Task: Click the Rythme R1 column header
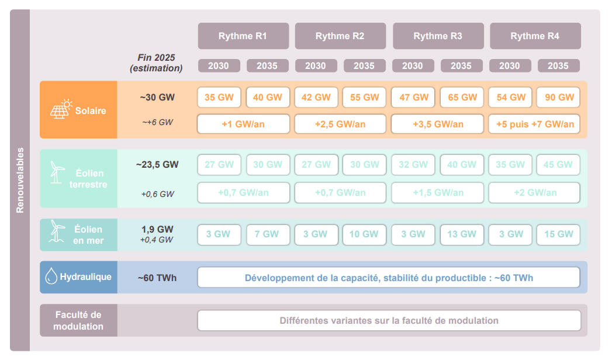(x=243, y=36)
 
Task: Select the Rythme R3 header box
(x=438, y=36)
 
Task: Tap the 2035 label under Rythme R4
(x=558, y=65)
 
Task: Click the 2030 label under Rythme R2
(x=315, y=65)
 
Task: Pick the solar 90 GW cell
(x=558, y=98)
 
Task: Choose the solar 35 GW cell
(x=219, y=98)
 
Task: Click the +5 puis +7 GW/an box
(x=534, y=124)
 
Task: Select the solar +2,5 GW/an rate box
(x=340, y=124)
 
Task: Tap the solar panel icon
(x=60, y=109)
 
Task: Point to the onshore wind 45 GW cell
(x=558, y=165)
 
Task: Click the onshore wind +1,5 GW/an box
(x=438, y=192)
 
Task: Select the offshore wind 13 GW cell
(x=461, y=234)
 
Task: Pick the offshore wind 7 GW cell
(x=267, y=234)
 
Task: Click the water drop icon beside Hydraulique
(x=51, y=276)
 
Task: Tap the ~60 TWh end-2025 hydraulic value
(x=156, y=278)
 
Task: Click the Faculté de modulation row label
(x=78, y=320)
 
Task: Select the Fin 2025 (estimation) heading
(x=156, y=63)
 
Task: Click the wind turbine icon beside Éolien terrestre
(x=57, y=172)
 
